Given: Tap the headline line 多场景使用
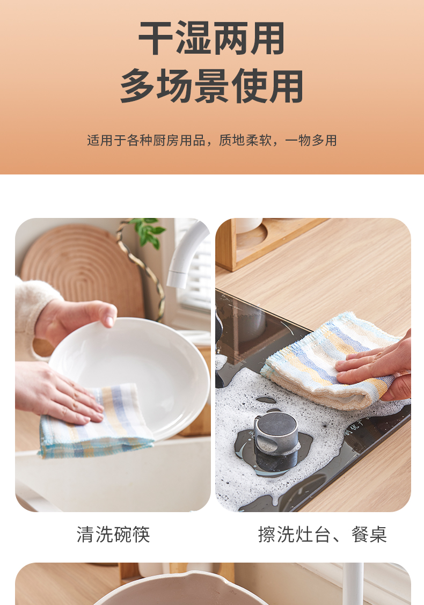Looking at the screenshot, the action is [212, 86].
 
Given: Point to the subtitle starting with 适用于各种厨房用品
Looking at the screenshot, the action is [212, 141].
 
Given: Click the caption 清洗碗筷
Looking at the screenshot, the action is [113, 534].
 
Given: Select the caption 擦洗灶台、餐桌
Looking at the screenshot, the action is [323, 534].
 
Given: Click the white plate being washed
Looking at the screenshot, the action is [131, 370].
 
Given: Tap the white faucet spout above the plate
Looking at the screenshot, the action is [186, 254].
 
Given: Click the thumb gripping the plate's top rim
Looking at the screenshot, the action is [106, 315].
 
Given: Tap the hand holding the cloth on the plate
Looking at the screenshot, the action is [58, 392].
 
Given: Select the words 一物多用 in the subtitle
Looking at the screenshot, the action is [311, 141].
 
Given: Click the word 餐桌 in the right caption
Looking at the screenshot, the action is [369, 534].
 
